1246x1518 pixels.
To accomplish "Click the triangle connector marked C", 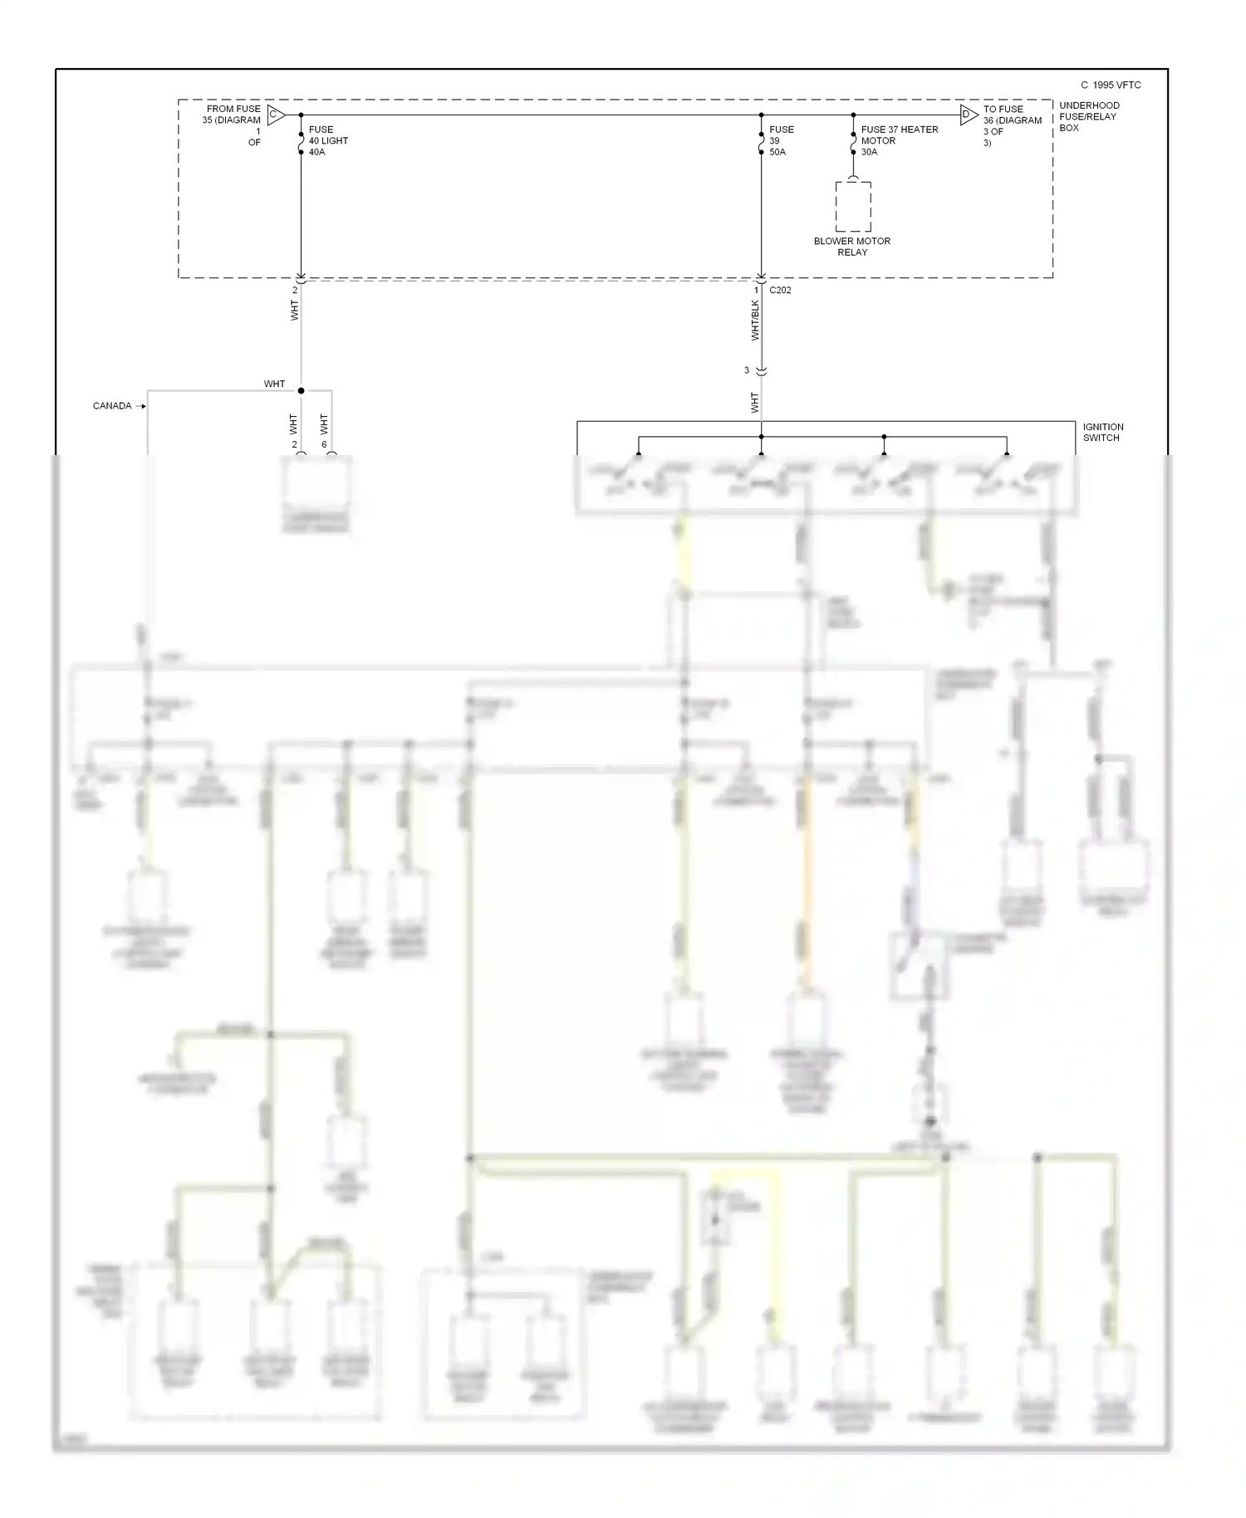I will coord(276,115).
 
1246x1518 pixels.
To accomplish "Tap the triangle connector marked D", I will coord(968,115).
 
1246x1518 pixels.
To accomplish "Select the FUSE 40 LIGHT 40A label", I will coord(328,141).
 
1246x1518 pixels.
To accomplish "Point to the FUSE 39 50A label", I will coord(781,141).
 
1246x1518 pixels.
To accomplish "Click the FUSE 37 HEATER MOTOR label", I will coord(899,140).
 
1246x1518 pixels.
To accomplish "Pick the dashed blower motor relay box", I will coord(853,207).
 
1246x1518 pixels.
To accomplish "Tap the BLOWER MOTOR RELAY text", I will coord(851,247).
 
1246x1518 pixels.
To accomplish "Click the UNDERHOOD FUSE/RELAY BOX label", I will coord(1088,117).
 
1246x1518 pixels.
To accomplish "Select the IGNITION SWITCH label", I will coord(1102,432).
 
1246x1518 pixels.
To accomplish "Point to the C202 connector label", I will coord(780,291).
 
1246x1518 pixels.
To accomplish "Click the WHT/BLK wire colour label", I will coord(755,321).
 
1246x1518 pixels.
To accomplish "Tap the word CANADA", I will coord(112,406).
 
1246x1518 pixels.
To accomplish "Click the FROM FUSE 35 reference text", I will coord(233,125).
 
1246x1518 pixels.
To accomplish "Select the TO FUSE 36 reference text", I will coord(1012,125).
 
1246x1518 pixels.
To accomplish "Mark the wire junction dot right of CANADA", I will coord(301,390).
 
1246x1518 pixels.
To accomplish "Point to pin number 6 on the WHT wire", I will coord(324,444).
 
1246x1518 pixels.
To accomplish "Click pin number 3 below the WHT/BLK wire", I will coord(746,370).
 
